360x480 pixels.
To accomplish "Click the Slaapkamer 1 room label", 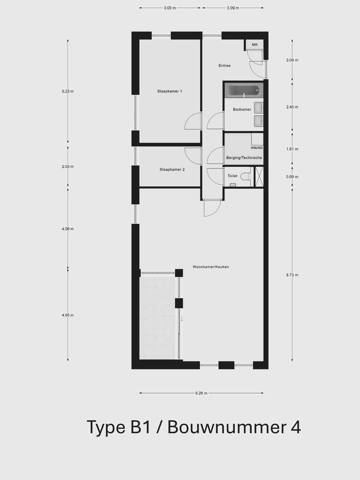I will click(x=169, y=91).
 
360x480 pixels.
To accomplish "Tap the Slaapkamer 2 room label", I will click(x=172, y=170).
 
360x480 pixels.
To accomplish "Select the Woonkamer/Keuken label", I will click(x=211, y=267).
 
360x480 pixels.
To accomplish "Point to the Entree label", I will click(x=224, y=66).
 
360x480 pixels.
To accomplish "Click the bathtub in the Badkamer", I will click(x=244, y=90).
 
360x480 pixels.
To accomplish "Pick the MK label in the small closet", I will click(x=255, y=45).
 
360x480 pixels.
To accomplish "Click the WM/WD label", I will click(x=257, y=148).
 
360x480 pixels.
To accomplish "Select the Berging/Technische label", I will click(x=244, y=158).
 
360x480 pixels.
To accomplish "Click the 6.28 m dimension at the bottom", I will click(x=201, y=393).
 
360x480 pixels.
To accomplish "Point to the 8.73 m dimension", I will click(x=292, y=275).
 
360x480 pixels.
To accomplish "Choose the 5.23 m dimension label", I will click(x=68, y=91).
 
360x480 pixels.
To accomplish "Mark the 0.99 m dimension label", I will click(x=292, y=177).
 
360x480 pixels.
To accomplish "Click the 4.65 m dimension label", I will click(x=68, y=315).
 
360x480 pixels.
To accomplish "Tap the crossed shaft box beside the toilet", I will click(x=259, y=177).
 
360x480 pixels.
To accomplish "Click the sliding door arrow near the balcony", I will click(x=182, y=319).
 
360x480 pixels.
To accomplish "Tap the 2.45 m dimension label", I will click(x=292, y=107).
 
